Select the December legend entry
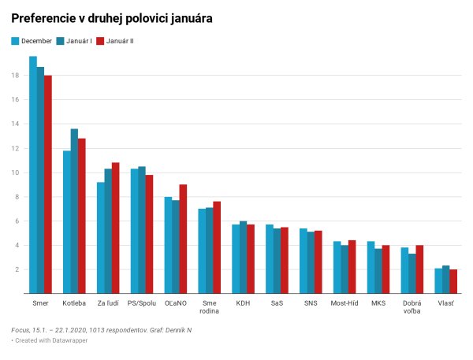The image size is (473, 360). pyautogui.click(x=32, y=40)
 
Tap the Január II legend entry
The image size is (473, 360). pyautogui.click(x=115, y=40)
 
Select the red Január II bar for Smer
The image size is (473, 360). pyautogui.click(x=48, y=184)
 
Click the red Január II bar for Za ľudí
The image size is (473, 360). pyautogui.click(x=116, y=228)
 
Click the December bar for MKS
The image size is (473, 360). pyautogui.click(x=371, y=267)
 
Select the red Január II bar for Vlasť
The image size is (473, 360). pyautogui.click(x=453, y=281)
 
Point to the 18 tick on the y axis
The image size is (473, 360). pyautogui.click(x=15, y=76)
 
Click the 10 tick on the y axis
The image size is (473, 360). pyautogui.click(x=15, y=173)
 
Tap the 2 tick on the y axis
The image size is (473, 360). pyautogui.click(x=17, y=269)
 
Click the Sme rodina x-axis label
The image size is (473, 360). pyautogui.click(x=210, y=306)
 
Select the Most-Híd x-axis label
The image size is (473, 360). pyautogui.click(x=345, y=302)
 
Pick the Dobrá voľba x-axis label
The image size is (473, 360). pyautogui.click(x=412, y=306)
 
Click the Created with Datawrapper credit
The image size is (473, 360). pyautogui.click(x=45, y=340)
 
